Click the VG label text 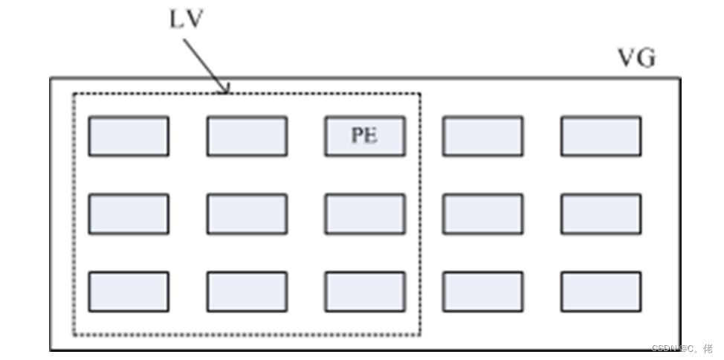pos(637,59)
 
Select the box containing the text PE pos(365,136)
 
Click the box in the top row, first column pos(129,136)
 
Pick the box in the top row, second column pos(247,136)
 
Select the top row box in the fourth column pos(483,136)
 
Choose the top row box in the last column pos(601,136)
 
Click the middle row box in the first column pos(129,214)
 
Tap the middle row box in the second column pos(247,214)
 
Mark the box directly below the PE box pos(365,214)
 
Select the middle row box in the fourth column pos(483,214)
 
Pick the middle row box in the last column pos(601,214)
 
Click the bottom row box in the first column pos(129,292)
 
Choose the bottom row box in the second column pos(247,292)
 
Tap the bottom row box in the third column pos(365,292)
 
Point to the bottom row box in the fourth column pos(483,292)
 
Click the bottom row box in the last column pos(601,292)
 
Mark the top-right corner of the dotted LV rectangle pos(420,94)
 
